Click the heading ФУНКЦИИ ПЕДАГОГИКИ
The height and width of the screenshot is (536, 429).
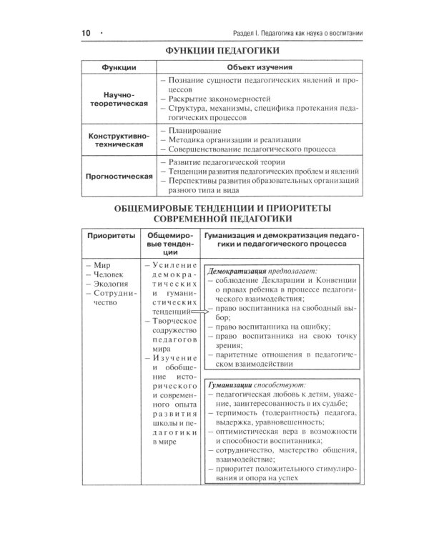[x=217, y=52]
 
